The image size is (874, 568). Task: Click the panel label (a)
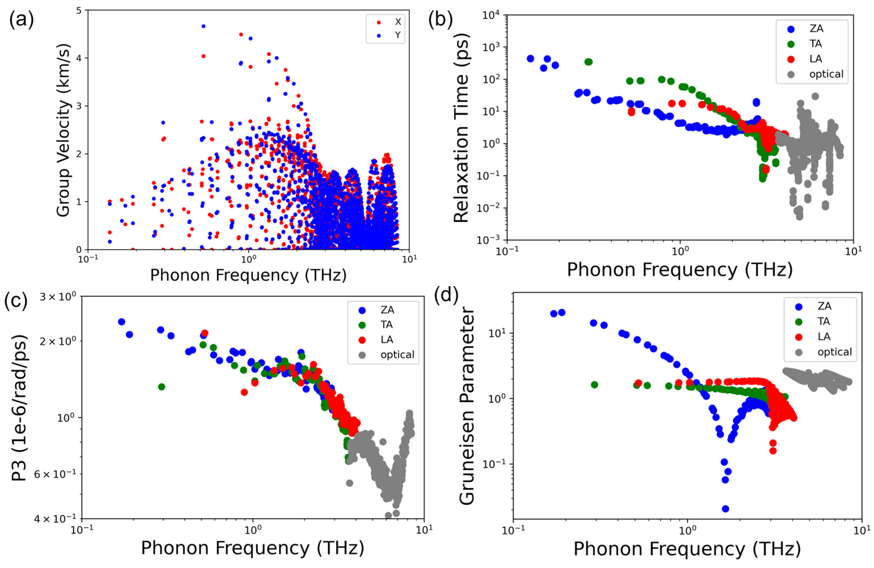(21, 19)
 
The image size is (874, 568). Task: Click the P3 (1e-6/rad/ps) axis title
(20, 408)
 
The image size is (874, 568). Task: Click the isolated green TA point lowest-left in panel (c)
(161, 387)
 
